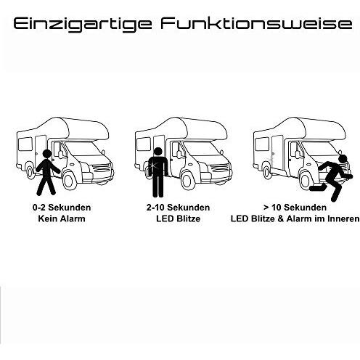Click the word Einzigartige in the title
click(83, 24)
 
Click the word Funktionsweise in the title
click(256, 23)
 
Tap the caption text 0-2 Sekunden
click(62, 208)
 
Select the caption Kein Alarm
click(62, 218)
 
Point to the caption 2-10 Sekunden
click(178, 208)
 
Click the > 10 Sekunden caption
click(295, 208)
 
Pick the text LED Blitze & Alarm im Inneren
click(295, 218)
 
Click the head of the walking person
click(46, 154)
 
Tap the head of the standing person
click(158, 152)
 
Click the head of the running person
click(343, 159)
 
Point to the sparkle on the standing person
click(153, 165)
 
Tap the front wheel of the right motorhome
click(306, 180)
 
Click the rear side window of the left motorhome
click(25, 144)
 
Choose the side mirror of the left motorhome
click(60, 155)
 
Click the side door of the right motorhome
click(277, 151)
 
